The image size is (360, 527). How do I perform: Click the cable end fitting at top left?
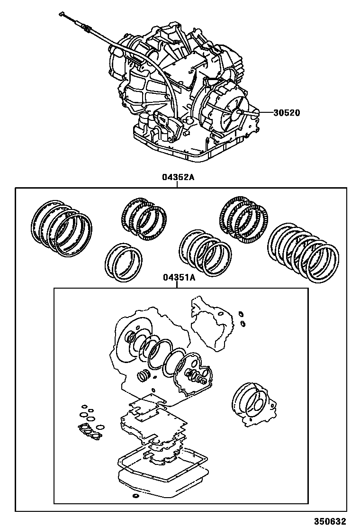[63, 15]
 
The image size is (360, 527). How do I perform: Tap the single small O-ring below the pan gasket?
[136, 496]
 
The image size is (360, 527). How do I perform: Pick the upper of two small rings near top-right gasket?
[241, 314]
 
